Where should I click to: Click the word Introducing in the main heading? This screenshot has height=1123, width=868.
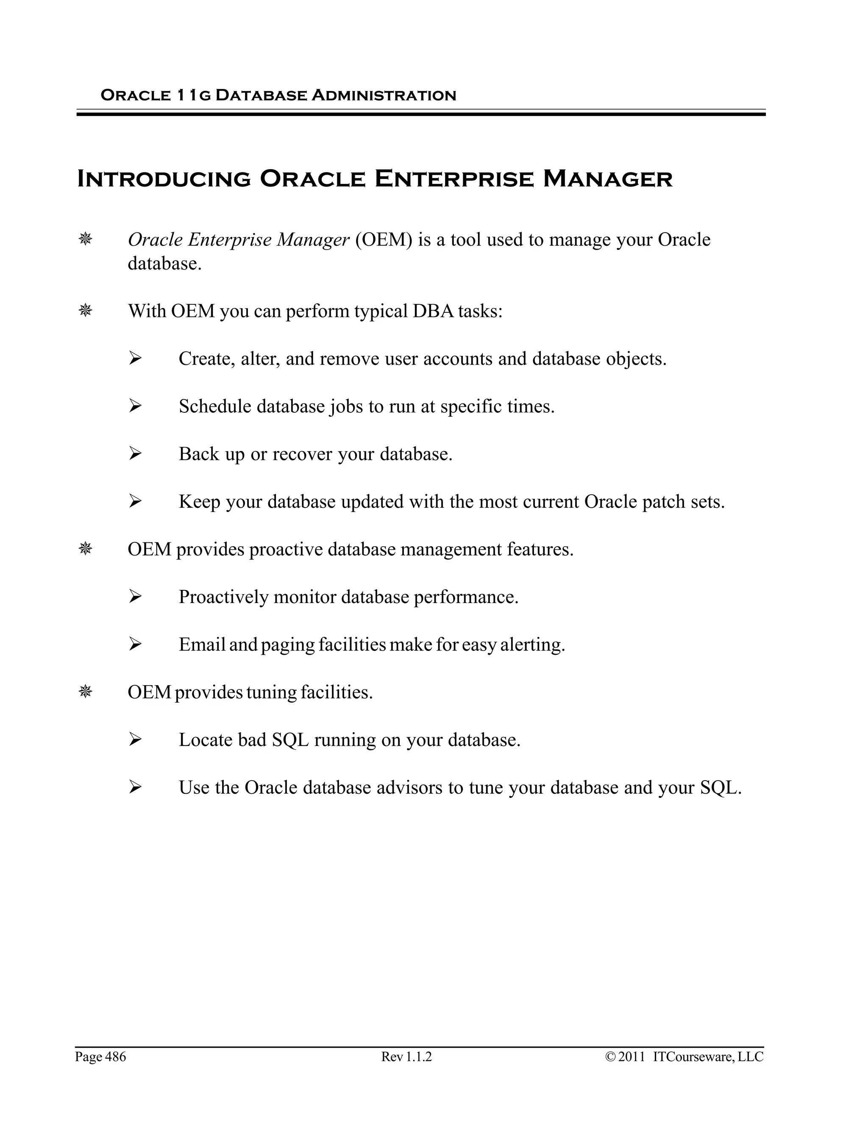click(164, 179)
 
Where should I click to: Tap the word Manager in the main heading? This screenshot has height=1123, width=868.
click(607, 179)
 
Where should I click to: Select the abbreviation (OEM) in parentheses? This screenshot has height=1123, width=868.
click(384, 239)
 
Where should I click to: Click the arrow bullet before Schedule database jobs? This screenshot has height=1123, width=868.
click(135, 406)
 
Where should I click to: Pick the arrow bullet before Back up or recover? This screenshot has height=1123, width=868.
click(135, 454)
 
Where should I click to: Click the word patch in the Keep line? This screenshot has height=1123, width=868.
click(664, 501)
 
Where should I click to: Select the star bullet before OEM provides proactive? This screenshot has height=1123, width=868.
click(85, 549)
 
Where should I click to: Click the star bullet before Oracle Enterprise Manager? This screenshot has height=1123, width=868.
click(85, 239)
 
